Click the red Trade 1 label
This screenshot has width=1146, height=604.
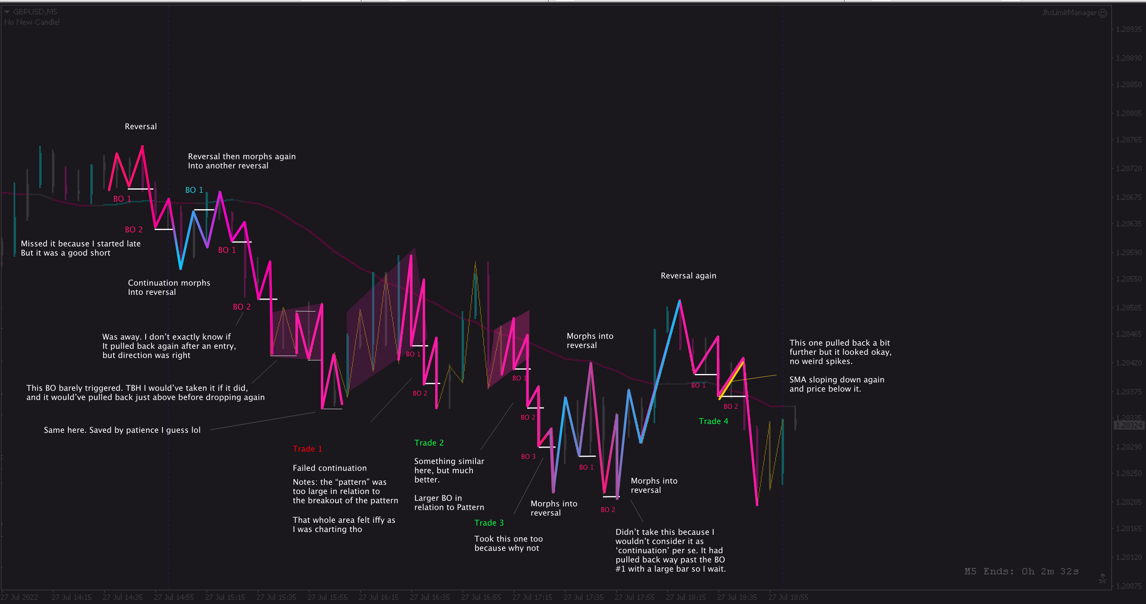[x=307, y=449]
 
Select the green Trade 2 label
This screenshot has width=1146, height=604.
[x=428, y=442]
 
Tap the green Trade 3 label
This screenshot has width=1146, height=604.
[x=488, y=523]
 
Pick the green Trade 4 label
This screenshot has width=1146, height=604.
[x=713, y=421]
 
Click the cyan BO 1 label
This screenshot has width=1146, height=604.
[x=194, y=190]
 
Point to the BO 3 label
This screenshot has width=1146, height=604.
[x=528, y=456]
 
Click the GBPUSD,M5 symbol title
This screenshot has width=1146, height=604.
[x=35, y=12]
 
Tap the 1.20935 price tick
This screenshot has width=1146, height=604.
[x=1128, y=29]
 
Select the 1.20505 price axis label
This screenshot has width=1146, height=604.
[x=1128, y=307]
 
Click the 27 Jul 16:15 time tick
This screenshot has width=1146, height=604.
[x=378, y=597]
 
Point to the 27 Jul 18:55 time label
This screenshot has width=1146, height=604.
[x=788, y=597]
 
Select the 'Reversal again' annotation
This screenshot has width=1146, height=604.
[x=688, y=276]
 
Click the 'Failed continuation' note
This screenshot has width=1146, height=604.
[x=330, y=468]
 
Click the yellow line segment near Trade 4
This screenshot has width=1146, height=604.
[x=731, y=381]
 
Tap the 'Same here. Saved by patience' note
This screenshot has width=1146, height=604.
[x=122, y=430]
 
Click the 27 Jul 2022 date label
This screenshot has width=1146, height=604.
[x=19, y=597]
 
